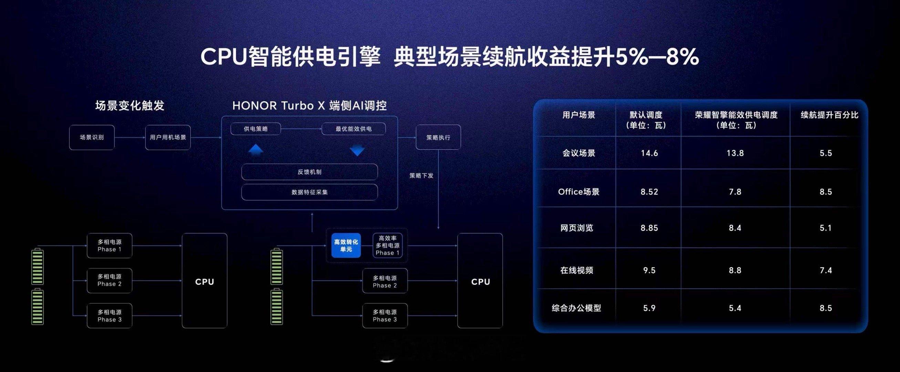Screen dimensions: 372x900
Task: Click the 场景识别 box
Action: pos(92,137)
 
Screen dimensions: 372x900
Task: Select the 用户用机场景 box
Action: pos(168,137)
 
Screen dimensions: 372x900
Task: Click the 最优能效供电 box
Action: pos(354,129)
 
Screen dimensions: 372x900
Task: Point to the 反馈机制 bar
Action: pos(309,172)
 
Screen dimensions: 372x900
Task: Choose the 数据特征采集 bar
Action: pos(309,192)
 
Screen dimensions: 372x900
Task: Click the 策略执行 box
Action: pos(438,137)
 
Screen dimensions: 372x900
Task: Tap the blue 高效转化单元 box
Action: pos(346,246)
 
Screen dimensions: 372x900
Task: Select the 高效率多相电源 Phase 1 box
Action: pos(387,245)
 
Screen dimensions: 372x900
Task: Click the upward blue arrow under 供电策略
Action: pos(256,149)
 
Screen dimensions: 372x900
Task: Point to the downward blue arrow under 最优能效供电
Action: pos(357,151)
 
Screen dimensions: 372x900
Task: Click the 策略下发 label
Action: pos(421,176)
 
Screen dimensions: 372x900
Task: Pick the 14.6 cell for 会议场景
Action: pos(649,153)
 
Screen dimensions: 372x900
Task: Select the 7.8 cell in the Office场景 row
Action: pos(735,192)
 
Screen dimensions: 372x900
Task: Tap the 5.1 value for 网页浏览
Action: pos(826,228)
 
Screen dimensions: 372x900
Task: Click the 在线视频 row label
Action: pos(577,270)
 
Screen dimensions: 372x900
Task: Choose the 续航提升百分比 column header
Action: pos(829,115)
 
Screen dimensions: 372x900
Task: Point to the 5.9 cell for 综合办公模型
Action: pos(649,308)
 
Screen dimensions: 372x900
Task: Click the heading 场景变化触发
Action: pos(130,105)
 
